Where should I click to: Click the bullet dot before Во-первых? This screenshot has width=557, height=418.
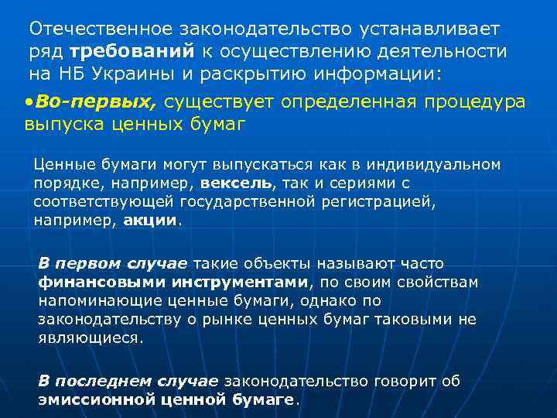tap(28, 102)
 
